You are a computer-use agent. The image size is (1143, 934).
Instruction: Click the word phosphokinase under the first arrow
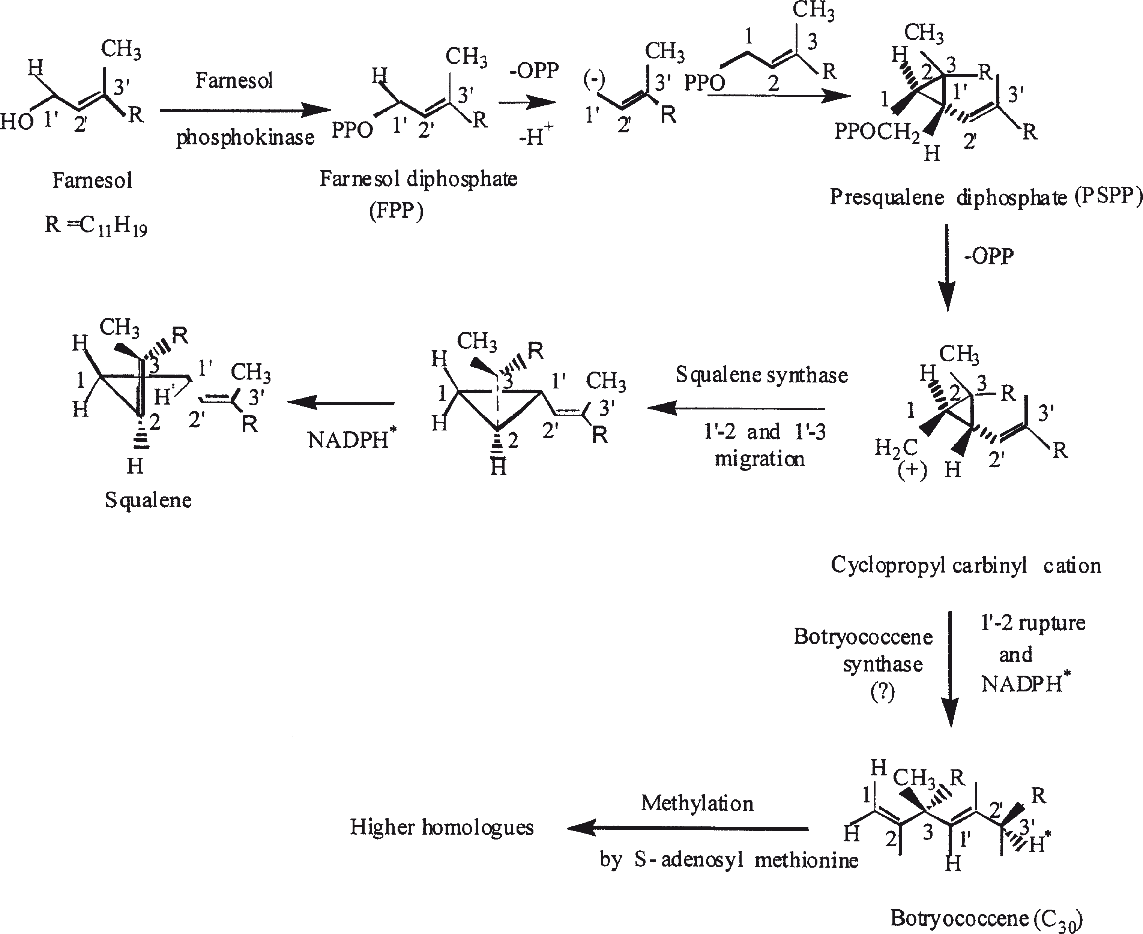pyautogui.click(x=245, y=138)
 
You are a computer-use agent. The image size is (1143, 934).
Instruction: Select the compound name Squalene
pyautogui.click(x=148, y=500)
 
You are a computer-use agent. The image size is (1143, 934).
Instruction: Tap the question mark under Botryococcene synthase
pyautogui.click(x=883, y=693)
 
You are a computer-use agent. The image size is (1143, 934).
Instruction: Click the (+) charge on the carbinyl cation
pyautogui.click(x=912, y=471)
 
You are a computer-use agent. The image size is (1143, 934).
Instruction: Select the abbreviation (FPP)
pyautogui.click(x=397, y=211)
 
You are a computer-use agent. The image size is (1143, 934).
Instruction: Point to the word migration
pyautogui.click(x=759, y=459)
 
